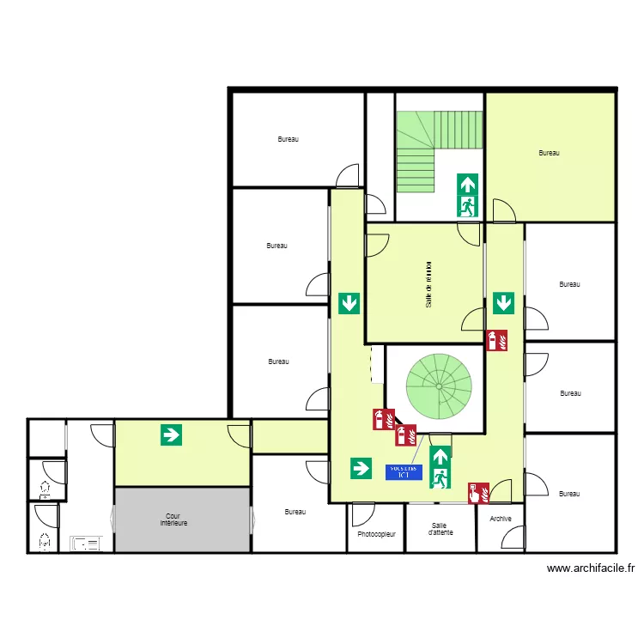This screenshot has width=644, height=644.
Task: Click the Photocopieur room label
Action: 376,534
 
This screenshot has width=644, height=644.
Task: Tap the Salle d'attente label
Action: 440,529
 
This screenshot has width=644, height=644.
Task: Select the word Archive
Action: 500,519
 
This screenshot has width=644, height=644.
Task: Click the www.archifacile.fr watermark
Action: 591,568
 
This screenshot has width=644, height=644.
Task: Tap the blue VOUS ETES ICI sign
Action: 404,471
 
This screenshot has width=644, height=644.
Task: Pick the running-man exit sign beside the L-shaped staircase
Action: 467,206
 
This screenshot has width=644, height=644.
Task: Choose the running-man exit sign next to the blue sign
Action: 440,478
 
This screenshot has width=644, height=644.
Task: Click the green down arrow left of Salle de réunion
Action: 349,302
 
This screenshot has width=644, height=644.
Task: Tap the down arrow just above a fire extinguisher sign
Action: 503,302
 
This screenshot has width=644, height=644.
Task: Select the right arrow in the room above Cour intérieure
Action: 172,434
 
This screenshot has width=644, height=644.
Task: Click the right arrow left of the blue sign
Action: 360,468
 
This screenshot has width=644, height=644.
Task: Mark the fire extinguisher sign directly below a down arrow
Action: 497,341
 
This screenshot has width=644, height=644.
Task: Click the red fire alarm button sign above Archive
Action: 477,492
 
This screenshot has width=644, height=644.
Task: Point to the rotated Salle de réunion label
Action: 427,284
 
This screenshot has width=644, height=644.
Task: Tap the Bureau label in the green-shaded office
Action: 549,153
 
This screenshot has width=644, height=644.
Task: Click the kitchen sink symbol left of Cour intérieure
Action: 86,543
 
